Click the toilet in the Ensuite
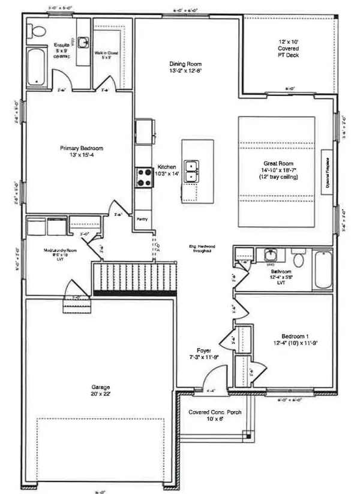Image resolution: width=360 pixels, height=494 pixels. tap(37, 32)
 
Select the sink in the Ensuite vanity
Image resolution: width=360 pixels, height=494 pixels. tap(83, 41)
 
